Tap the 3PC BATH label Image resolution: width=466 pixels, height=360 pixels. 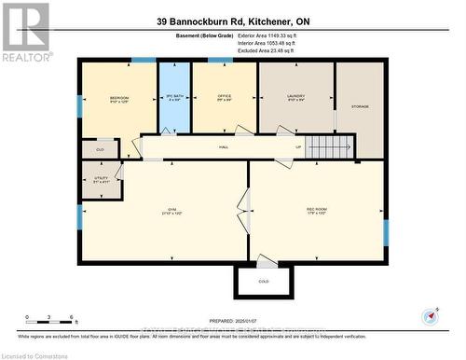(171, 97)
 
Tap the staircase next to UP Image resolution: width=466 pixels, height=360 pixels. (332, 147)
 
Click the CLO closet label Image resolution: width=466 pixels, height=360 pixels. (99, 148)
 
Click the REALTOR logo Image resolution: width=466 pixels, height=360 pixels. (25, 31)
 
